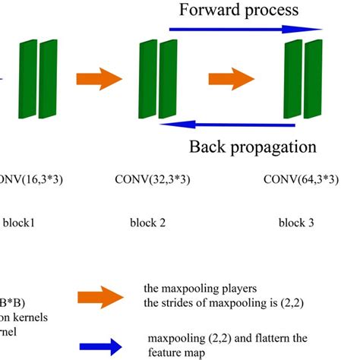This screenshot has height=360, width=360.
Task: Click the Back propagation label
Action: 252,147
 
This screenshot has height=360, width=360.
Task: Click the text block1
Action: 21,224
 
